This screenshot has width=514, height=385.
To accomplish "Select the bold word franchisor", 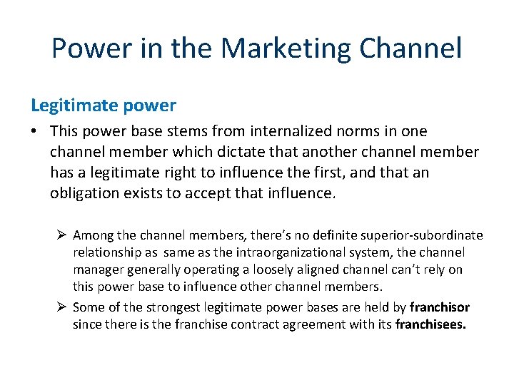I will coord(440,308).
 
